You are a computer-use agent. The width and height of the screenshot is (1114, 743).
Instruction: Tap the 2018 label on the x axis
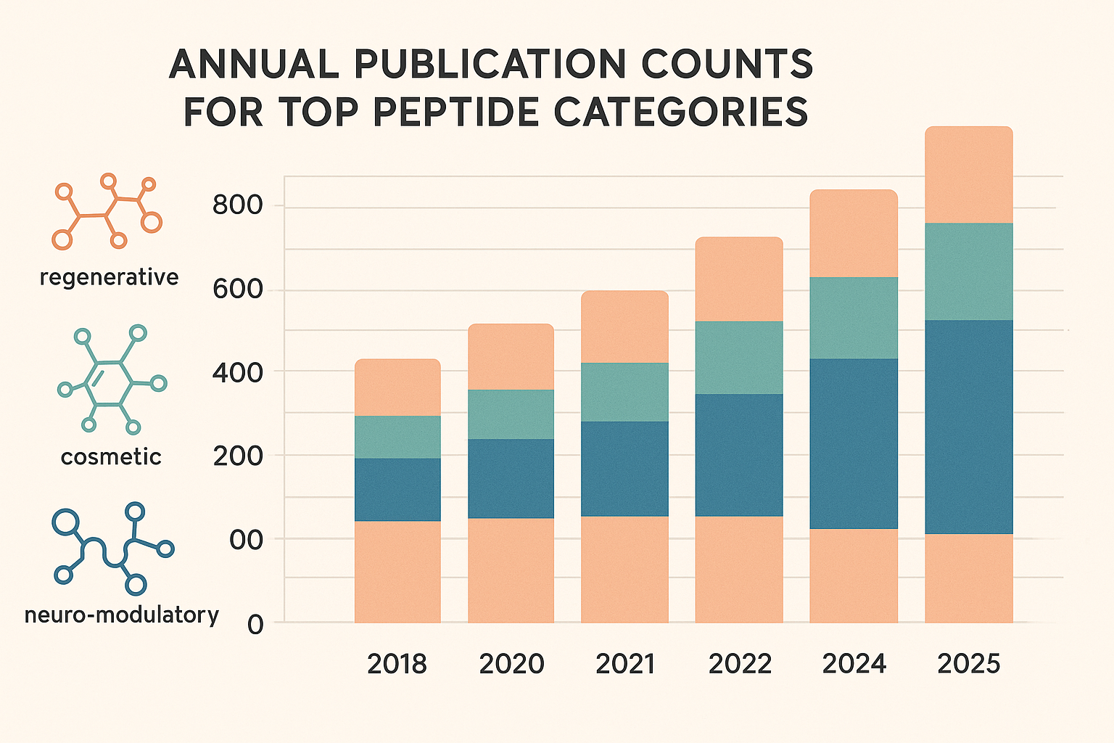click(x=397, y=664)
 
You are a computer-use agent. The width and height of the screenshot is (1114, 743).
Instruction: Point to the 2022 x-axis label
click(x=740, y=664)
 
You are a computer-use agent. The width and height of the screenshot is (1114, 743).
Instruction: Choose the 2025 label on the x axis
click(x=969, y=664)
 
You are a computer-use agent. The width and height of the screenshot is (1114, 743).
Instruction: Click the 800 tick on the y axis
click(x=237, y=205)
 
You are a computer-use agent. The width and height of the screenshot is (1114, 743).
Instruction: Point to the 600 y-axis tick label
click(x=237, y=289)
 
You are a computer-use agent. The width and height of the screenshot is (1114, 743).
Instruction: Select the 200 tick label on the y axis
click(x=237, y=456)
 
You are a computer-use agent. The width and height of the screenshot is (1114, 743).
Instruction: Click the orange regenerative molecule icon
click(x=107, y=212)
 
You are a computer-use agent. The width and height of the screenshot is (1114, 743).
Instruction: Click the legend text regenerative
click(x=109, y=277)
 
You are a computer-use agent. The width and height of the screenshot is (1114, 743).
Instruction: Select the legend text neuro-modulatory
click(x=121, y=615)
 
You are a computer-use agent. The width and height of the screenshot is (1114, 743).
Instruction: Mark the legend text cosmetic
click(x=111, y=456)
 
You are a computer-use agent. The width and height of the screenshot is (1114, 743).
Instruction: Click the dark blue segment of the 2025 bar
click(x=968, y=427)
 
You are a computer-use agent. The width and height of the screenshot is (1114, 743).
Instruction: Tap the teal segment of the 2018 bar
click(x=397, y=437)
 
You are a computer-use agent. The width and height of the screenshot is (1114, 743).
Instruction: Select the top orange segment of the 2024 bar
click(x=854, y=233)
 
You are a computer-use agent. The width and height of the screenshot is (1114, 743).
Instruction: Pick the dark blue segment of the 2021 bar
click(x=624, y=469)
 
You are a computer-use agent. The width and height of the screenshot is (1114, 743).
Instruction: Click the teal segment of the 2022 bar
click(x=739, y=358)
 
